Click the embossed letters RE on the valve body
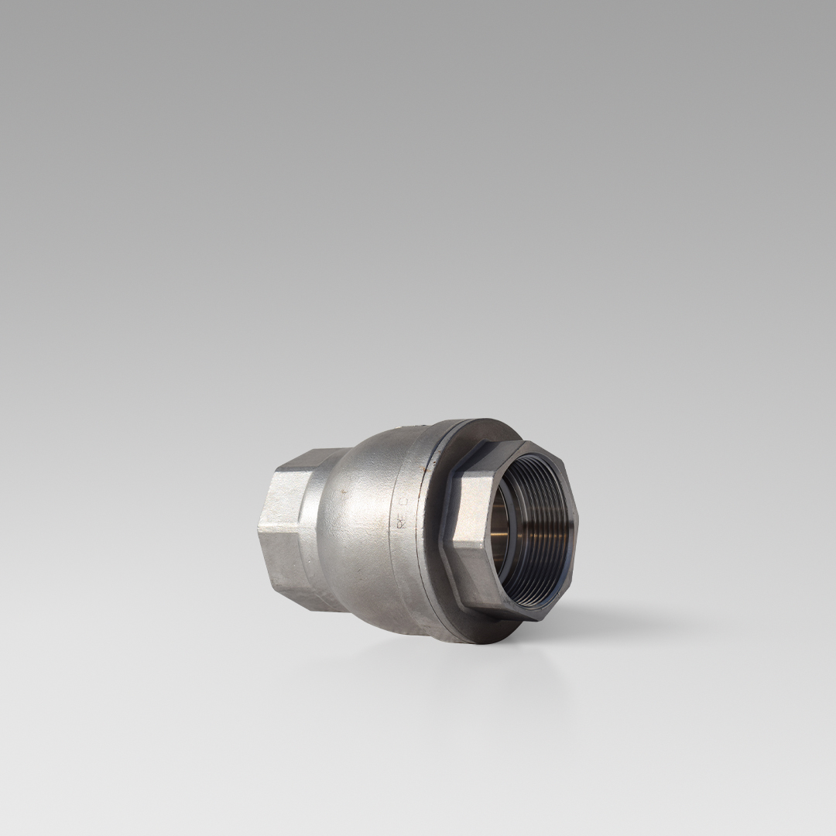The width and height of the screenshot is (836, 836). (401, 521)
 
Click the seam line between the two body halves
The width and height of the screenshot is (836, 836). (418, 542)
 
